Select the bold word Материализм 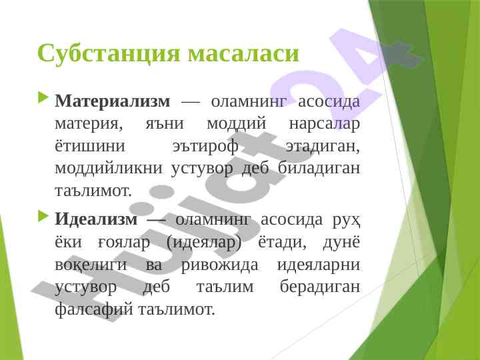coord(113,101)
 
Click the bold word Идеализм coord(96,219)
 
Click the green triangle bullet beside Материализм coord(43,99)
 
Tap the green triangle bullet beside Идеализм coord(43,217)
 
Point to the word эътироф coord(205,146)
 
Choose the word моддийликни coord(109,169)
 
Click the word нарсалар coord(324,124)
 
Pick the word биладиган coord(319,168)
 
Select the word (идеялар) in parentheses coord(204,243)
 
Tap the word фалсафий coord(94,310)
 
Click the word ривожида coord(220,265)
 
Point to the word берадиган coord(320,287)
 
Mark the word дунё coord(341,242)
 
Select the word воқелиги coord(91,265)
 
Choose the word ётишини coord(90,146)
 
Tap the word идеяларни coord(319,265)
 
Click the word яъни coord(164,124)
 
